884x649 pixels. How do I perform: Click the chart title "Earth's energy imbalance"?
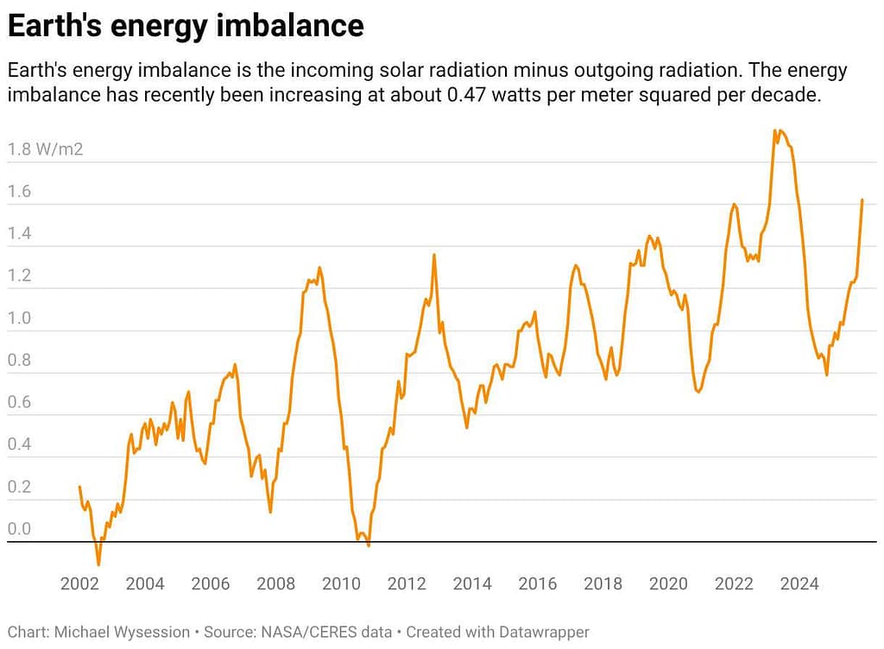point(186,26)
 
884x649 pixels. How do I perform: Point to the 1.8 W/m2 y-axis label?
point(45,149)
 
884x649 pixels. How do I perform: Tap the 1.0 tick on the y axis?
point(19,318)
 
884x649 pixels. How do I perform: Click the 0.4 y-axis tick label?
point(19,445)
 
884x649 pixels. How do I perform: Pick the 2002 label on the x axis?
point(79,584)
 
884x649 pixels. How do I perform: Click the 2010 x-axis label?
point(341,584)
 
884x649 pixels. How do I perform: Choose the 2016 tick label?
point(538,584)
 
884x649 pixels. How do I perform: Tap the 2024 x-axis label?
point(799,584)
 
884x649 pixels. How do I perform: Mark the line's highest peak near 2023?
point(775,130)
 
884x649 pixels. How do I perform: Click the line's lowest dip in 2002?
point(98,564)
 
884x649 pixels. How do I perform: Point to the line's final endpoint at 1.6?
point(862,200)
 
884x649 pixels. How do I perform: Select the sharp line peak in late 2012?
point(433,255)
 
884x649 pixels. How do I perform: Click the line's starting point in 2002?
point(79,487)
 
